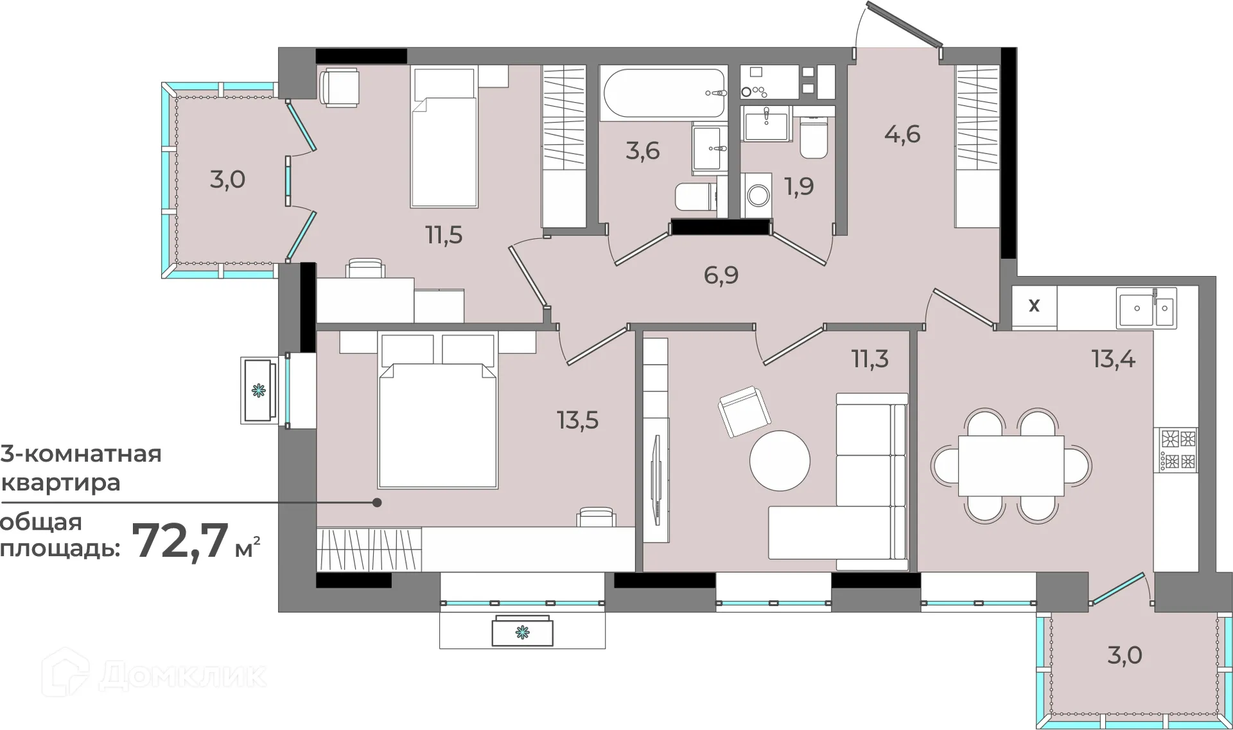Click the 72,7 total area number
pos(180,541)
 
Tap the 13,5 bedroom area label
pos(577,421)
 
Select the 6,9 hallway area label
pos(721,275)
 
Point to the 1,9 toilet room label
pos(799,186)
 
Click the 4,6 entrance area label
pos(902,134)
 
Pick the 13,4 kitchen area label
pos(1114,359)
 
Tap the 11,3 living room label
pos(870,359)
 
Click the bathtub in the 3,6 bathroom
pos(663,93)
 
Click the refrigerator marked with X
pos(1035,307)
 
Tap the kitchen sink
pos(1146,308)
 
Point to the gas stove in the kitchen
pos(1178,449)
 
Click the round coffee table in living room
pos(780,460)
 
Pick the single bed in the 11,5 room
pos(444,137)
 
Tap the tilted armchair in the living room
pos(744,412)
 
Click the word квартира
pos(61,483)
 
